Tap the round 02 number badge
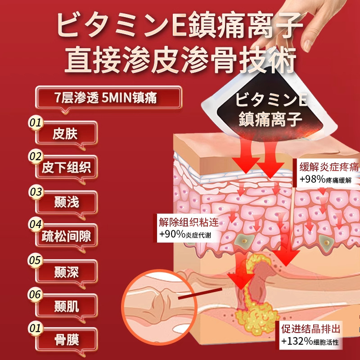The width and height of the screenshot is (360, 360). [35, 156]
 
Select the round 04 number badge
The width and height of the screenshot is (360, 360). [35, 224]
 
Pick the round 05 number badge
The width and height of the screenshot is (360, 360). [35, 260]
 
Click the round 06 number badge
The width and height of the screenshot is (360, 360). [35, 294]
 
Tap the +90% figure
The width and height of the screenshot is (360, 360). [170, 235]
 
